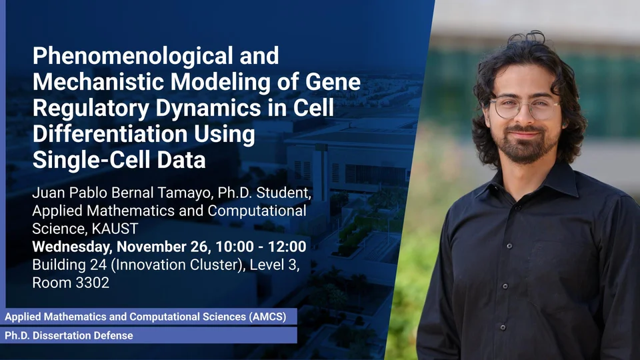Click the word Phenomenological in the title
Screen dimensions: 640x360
pos(133,57)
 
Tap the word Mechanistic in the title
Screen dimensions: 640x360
pos(99,81)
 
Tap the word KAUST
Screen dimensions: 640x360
pos(115,229)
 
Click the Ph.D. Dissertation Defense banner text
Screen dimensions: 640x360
pos(69,335)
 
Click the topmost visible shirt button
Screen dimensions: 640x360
pos(509,246)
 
